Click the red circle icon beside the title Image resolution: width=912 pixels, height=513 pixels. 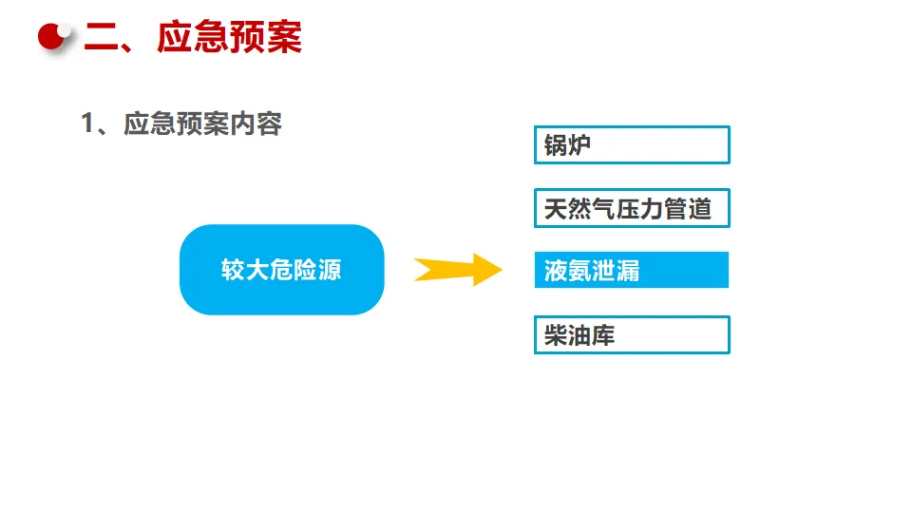pos(55,37)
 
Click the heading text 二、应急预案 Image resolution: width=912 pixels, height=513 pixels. pos(193,38)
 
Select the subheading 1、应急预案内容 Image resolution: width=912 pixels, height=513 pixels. pos(181,124)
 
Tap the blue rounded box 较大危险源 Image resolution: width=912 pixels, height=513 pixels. pos(281,270)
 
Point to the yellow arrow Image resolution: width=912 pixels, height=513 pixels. pos(457,270)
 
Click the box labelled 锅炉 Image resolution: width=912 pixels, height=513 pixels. pos(632,145)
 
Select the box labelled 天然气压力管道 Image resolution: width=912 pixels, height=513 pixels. pos(632,208)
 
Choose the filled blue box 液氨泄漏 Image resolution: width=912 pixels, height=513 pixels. pos(632,271)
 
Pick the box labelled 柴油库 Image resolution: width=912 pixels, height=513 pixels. pos(632,335)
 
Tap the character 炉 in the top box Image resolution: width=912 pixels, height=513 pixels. pos(579,145)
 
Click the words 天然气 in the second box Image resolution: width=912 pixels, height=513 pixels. pos(579,209)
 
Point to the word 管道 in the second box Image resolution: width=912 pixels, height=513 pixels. pos(688,209)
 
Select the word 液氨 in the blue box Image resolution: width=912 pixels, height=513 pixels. pos(568,272)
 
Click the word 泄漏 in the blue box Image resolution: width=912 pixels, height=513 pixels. pos(616,272)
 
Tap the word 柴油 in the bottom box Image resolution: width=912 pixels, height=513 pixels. pos(568,335)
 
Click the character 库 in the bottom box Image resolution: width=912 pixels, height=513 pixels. pos(604,335)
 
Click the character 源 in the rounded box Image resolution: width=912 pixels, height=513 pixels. pos(330,271)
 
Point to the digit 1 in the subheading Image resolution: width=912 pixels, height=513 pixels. pos(88,124)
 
